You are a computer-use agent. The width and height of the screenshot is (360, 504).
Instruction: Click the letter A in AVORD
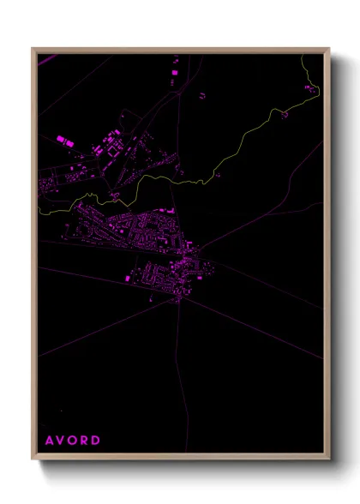(x=49, y=441)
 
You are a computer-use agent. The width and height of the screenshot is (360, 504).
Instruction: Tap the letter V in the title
(x=62, y=441)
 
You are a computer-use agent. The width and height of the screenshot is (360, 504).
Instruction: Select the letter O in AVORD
(x=75, y=441)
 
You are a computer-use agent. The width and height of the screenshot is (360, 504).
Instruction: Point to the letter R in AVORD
(x=87, y=441)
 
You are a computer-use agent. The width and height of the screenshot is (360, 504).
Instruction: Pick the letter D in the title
(x=99, y=441)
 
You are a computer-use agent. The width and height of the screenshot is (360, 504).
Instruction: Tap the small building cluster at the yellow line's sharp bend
(x=114, y=196)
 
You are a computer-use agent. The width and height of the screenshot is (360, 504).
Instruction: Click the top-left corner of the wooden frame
(x=33, y=48)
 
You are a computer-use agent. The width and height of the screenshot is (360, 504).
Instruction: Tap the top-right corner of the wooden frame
(x=329, y=48)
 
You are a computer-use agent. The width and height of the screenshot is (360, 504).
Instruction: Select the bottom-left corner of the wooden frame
(x=33, y=460)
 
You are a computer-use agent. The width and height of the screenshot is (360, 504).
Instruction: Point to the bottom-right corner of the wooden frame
(x=329, y=460)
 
